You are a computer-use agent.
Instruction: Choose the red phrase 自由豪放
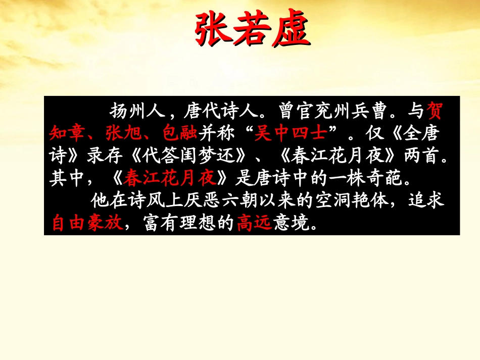pyautogui.click(x=87, y=223)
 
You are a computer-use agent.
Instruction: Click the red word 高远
pyautogui.click(x=254, y=223)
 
